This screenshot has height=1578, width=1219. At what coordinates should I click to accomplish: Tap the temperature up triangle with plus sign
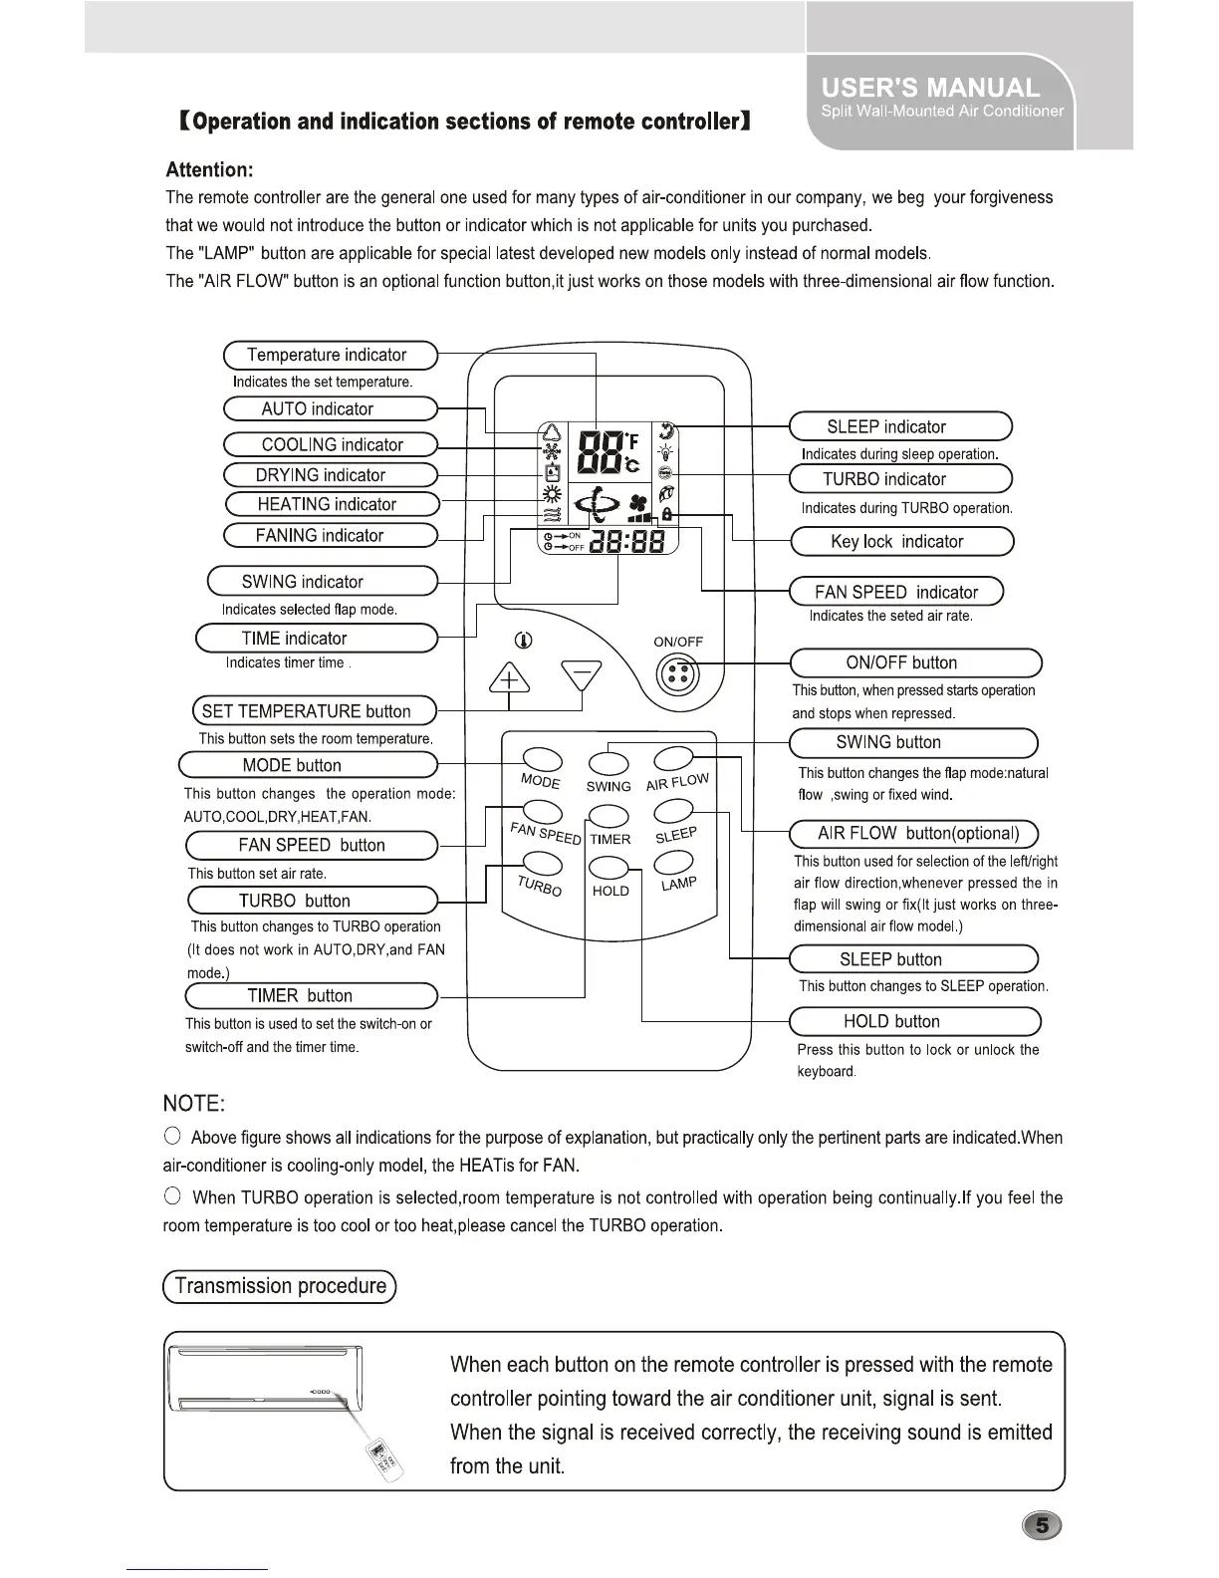click(x=508, y=681)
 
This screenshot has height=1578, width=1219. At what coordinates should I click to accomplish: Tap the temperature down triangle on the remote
click(x=582, y=676)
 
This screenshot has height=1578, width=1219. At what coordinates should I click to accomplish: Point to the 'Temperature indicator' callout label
click(x=330, y=355)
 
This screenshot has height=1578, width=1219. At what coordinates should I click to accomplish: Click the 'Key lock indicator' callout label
click(x=900, y=542)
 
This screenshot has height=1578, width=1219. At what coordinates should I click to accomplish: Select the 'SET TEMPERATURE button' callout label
click(x=314, y=711)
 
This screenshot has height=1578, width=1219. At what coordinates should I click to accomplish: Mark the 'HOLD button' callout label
click(x=913, y=1021)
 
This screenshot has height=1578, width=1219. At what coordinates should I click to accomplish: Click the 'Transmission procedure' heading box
click(x=280, y=1286)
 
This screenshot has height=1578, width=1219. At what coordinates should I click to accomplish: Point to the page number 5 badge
click(x=1042, y=1525)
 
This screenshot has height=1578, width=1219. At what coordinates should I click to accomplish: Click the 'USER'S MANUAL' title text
click(x=930, y=88)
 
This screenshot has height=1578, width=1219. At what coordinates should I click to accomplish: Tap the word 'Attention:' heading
click(x=209, y=169)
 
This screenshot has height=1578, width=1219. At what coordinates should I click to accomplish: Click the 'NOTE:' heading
click(x=194, y=1103)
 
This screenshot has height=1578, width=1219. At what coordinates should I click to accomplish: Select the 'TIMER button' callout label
click(x=312, y=995)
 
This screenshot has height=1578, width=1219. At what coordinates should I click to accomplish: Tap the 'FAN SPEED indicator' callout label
click(x=895, y=592)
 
